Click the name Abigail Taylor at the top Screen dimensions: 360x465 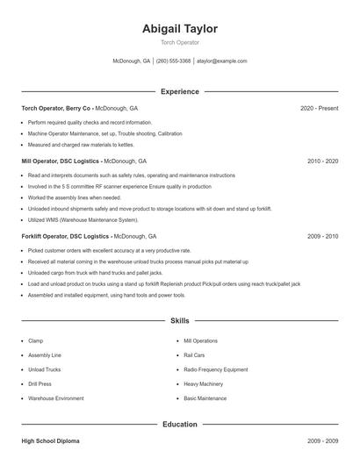click(180, 29)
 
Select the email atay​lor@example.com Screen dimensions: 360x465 click(221, 61)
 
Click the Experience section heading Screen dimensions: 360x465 click(180, 91)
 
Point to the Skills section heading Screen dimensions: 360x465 click(180, 321)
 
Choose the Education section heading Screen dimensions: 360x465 click(180, 425)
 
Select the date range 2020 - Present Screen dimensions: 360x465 click(319, 108)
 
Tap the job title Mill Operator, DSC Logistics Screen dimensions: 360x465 click(61, 161)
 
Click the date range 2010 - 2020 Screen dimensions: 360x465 click(323, 161)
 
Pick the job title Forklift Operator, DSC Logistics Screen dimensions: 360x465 click(66, 237)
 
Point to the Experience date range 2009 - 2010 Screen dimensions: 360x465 click(323, 237)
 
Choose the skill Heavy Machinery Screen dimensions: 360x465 click(204, 384)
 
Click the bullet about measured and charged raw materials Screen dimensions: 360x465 click(81, 144)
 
